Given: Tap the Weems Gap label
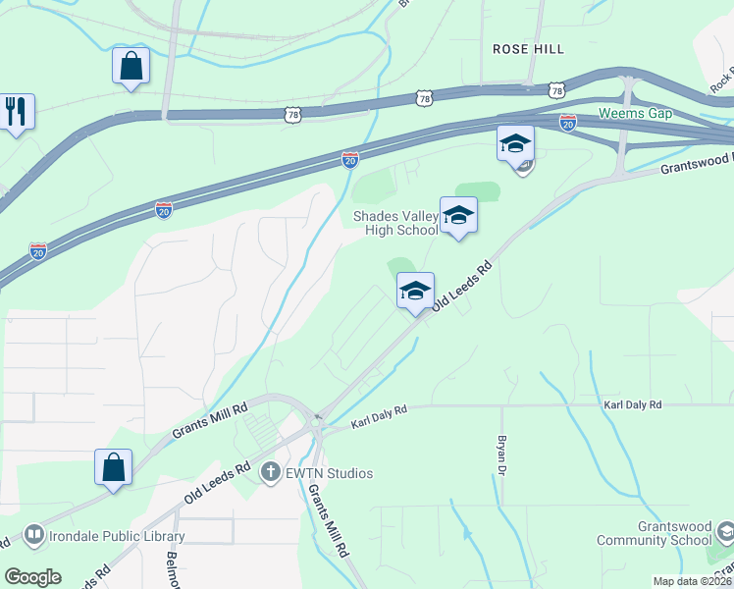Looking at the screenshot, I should point(635,113).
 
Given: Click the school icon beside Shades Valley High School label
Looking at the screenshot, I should point(458,214).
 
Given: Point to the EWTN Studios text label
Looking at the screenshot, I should point(330,473).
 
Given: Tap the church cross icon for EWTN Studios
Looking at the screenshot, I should point(270,473).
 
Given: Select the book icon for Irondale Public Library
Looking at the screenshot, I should point(34,535).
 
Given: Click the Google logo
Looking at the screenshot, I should point(32,577).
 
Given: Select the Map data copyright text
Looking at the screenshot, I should point(692,581).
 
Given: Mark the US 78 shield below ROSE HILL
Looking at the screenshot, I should point(557,90).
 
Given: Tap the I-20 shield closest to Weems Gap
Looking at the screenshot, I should point(568,122).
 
